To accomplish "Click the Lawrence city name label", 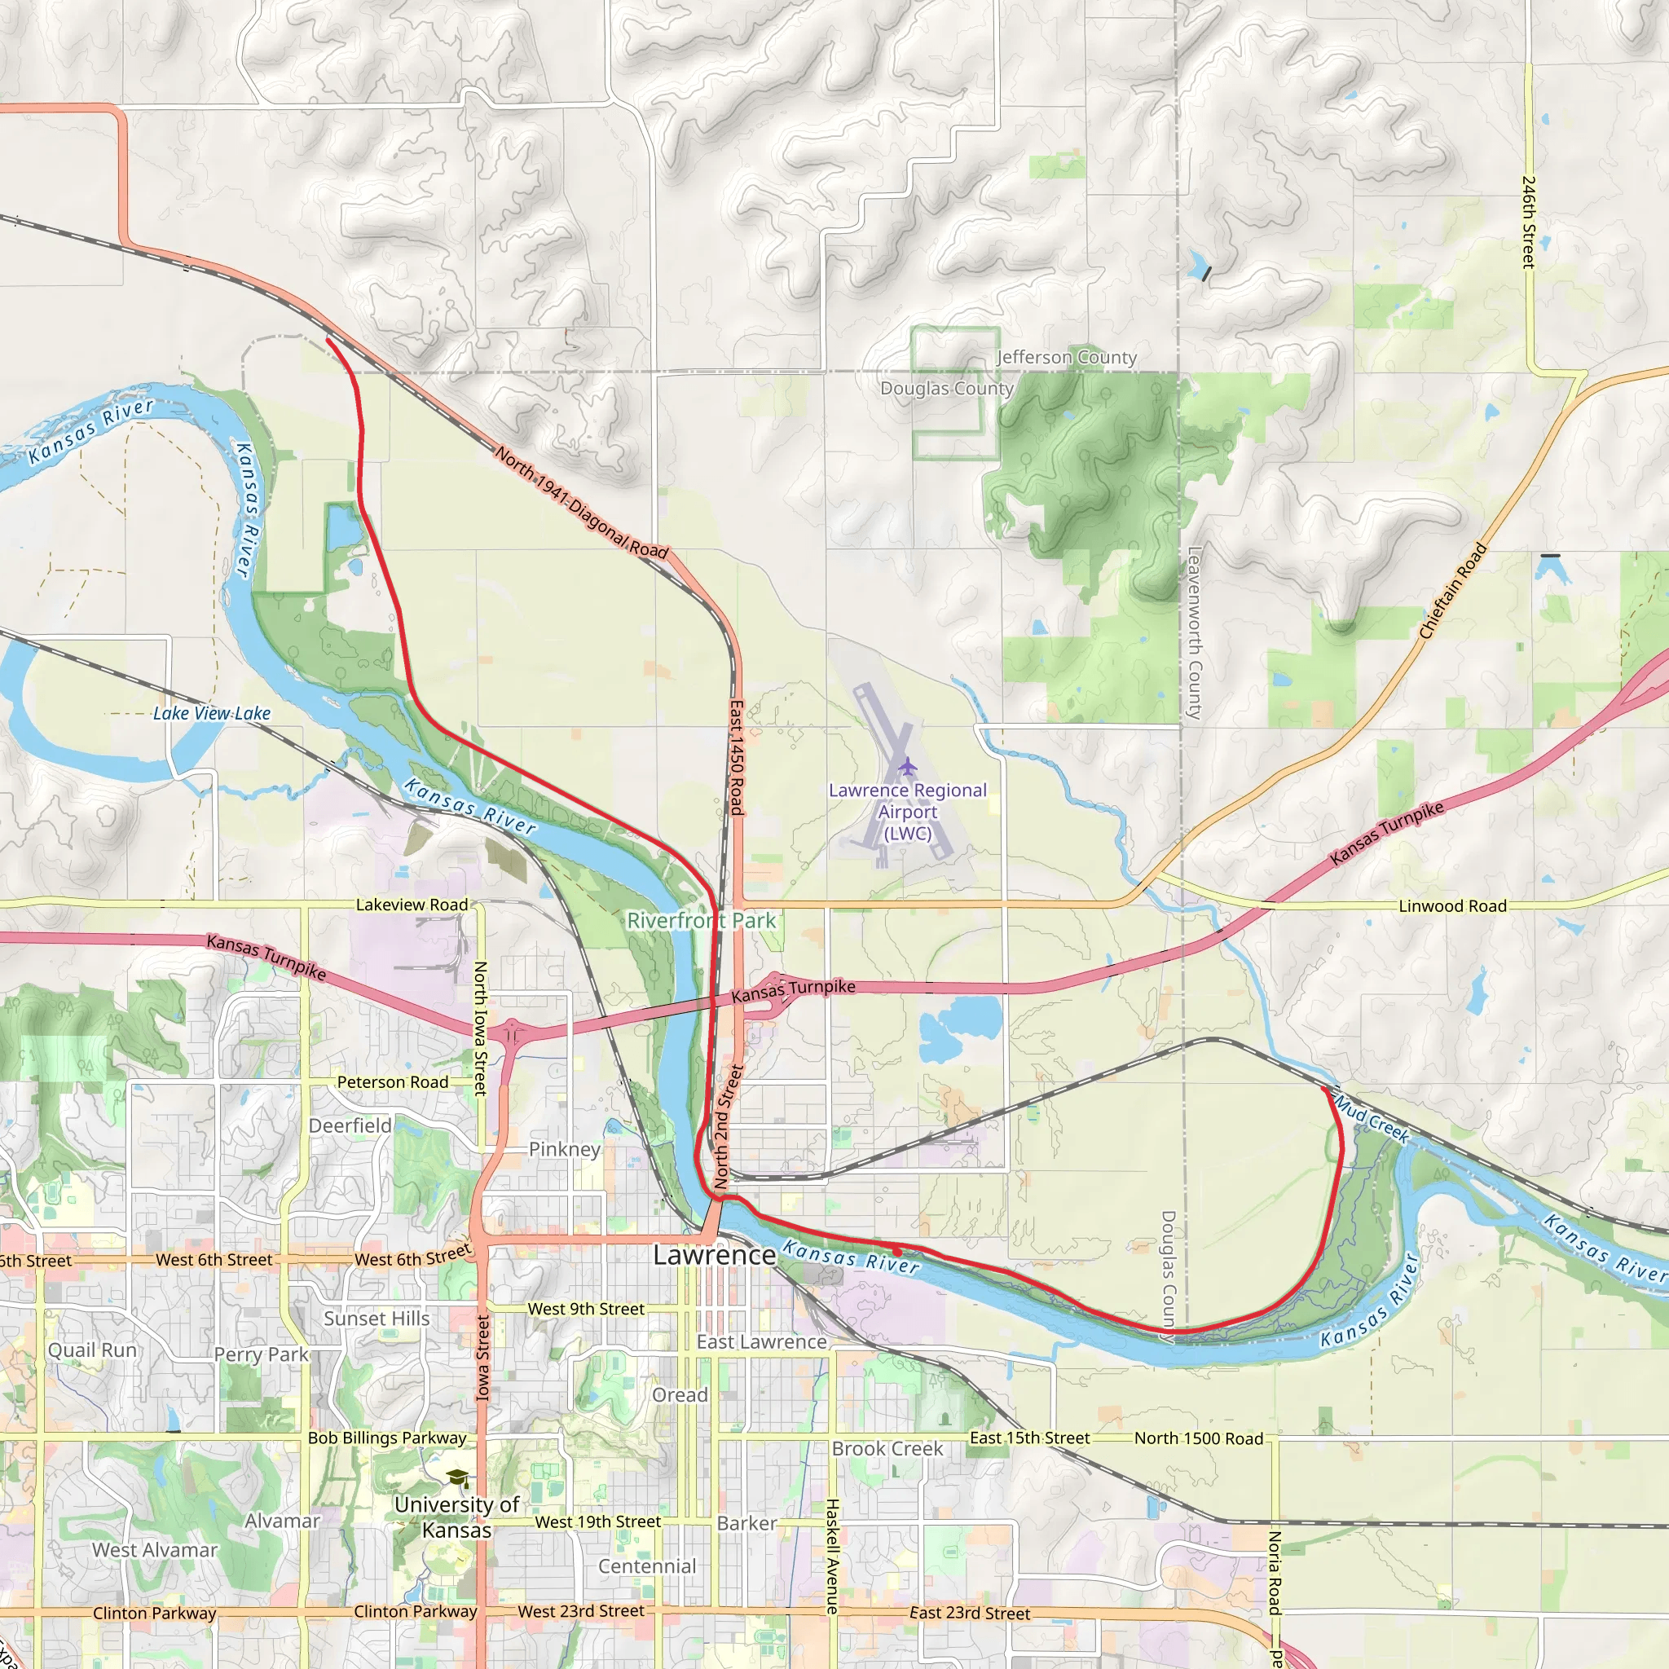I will [x=714, y=1254].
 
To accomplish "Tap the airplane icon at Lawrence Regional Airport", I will [x=907, y=765].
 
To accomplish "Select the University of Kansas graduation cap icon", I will [x=457, y=1478].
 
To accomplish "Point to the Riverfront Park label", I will [x=702, y=921].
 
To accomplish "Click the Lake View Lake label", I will [x=212, y=714].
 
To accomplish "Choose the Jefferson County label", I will [x=1066, y=357].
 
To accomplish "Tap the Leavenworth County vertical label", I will [x=1195, y=632].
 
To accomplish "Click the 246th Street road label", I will [x=1528, y=222].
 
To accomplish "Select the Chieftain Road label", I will [x=1453, y=591].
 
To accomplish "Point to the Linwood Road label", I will [x=1452, y=906].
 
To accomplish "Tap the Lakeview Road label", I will [x=412, y=905].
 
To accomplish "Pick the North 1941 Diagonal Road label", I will [x=581, y=502].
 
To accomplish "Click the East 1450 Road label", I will [x=736, y=758].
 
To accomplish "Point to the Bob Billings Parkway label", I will [x=387, y=1438].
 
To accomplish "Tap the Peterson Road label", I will [x=392, y=1082].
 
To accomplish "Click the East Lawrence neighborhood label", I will [x=762, y=1341].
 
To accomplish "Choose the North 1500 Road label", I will [x=1198, y=1438].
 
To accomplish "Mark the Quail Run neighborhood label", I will [x=92, y=1350].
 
